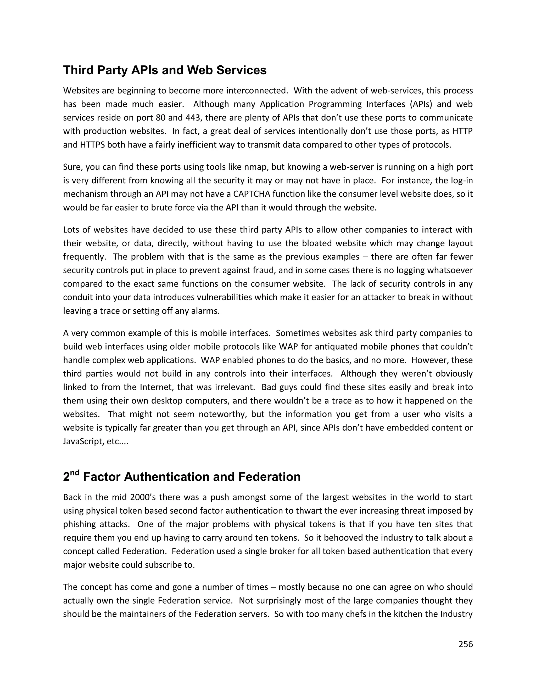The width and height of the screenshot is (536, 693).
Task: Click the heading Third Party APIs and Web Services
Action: (165, 70)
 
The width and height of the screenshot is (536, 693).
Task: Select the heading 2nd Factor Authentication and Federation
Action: (182, 476)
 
